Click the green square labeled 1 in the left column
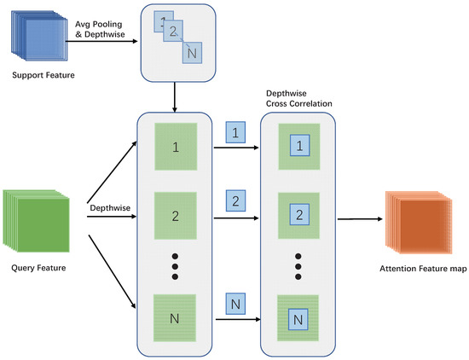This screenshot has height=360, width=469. (174, 147)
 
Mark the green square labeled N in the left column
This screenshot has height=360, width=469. (174, 319)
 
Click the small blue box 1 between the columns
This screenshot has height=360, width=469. (235, 132)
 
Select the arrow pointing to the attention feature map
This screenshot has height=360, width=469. (359, 220)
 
